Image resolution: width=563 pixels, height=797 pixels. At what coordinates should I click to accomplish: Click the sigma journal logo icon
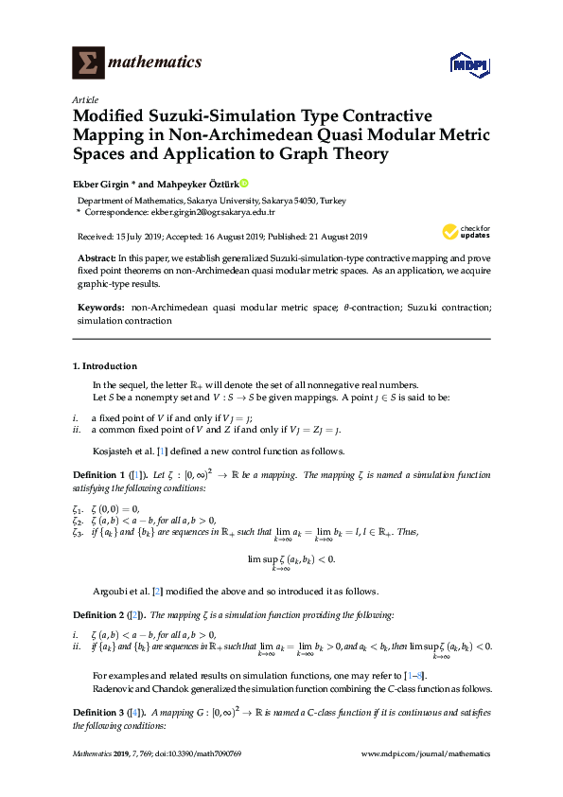pos(88,63)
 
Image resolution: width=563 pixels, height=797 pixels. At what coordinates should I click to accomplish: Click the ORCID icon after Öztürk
pos(244,184)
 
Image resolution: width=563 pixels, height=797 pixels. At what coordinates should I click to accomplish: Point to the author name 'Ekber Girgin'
pos(102,185)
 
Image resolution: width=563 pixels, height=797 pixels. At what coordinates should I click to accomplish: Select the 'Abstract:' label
pos(97,258)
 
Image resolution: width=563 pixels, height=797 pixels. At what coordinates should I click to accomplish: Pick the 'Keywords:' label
pos(100,309)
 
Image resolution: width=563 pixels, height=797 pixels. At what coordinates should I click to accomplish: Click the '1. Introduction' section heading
pos(105,366)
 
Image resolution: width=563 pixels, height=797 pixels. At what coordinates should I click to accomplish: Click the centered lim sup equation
pos(291,561)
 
